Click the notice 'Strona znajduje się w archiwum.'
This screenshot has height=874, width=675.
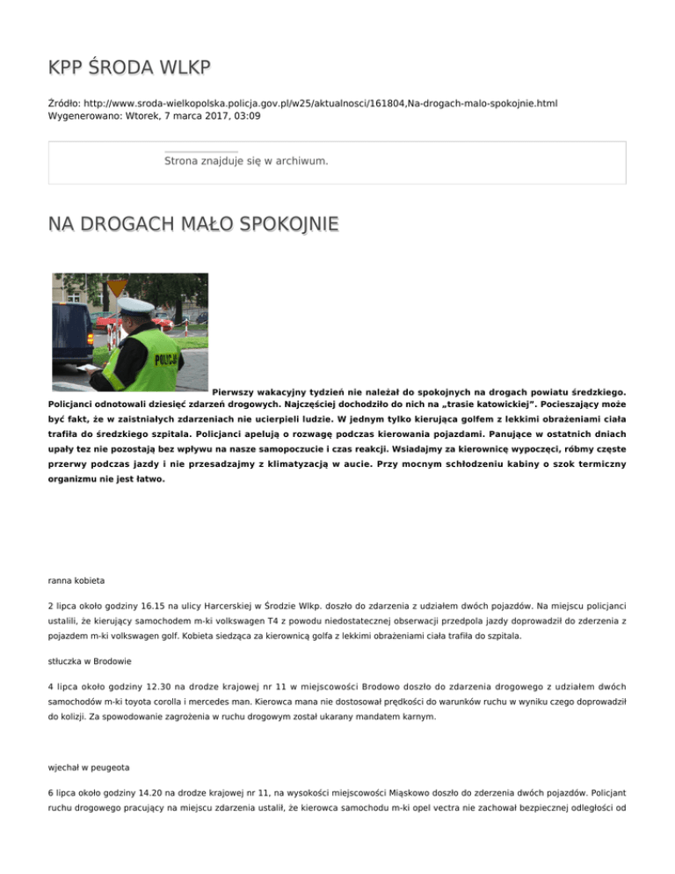(x=246, y=161)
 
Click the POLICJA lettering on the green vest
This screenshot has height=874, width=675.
(x=164, y=361)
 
